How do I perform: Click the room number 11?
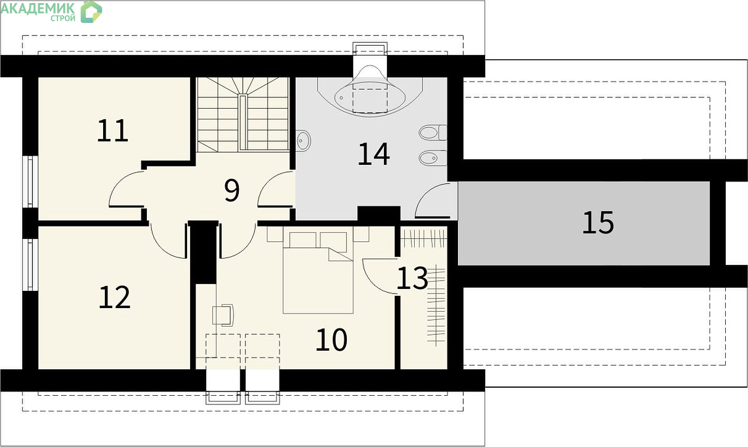[x=112, y=131]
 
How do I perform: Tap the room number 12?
[x=114, y=298]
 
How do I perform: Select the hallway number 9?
[x=232, y=190]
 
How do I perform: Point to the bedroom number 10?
[x=331, y=340]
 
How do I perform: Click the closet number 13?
[x=412, y=278]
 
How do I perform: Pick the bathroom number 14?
[x=373, y=154]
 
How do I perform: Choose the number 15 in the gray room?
[x=598, y=222]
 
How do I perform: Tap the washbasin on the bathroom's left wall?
[x=303, y=141]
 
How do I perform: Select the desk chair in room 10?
[x=223, y=315]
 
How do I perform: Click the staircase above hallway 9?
[x=243, y=115]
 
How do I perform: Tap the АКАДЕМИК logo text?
[x=38, y=8]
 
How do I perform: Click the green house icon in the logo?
[x=91, y=12]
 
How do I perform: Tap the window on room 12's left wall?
[x=30, y=265]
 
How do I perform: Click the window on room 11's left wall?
[x=30, y=182]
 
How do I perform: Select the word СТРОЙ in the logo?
[x=63, y=19]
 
